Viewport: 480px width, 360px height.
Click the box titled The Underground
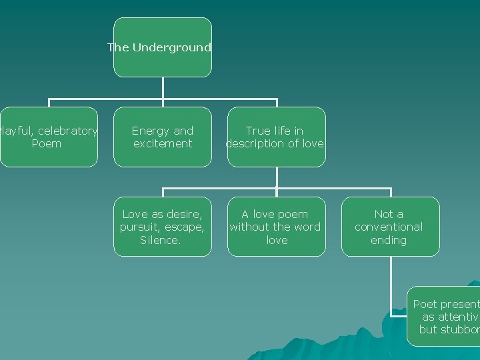click(162, 47)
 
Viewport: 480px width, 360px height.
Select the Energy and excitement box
click(162, 137)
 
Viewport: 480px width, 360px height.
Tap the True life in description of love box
click(276, 137)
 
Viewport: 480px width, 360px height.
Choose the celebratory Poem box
click(48, 137)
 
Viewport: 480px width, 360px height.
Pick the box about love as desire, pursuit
click(162, 227)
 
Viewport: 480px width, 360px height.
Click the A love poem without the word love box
click(276, 227)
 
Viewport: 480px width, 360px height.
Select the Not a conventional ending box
click(390, 227)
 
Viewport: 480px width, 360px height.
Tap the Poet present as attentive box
click(443, 317)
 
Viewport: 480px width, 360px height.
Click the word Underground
click(171, 47)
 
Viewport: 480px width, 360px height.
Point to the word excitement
click(163, 143)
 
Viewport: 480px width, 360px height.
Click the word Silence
click(160, 240)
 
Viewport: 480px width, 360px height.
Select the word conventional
click(389, 227)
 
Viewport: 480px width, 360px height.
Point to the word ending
click(389, 240)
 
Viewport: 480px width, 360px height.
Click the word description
click(255, 143)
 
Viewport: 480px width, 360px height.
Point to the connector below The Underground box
click(163, 88)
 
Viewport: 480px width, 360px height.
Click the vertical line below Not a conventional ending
click(391, 280)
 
